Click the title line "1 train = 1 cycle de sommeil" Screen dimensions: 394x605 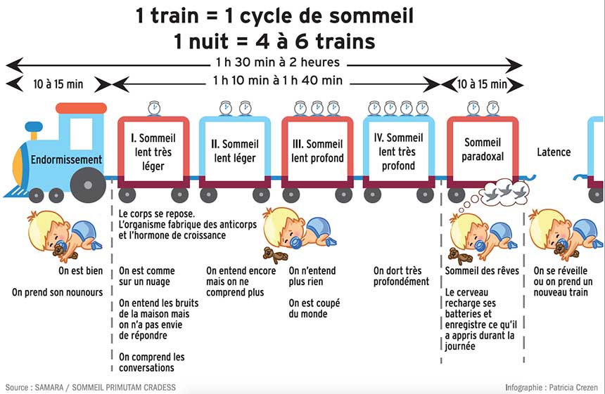(274, 15)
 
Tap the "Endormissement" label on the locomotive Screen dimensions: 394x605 (66, 159)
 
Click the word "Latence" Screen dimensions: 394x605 (554, 152)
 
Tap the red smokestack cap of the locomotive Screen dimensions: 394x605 (81, 108)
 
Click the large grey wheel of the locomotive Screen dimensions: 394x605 (87, 185)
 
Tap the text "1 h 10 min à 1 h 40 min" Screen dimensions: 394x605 (277, 81)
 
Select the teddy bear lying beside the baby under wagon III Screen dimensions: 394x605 (271, 253)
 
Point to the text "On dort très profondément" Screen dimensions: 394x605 (401, 276)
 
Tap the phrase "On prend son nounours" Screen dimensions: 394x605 (57, 292)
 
